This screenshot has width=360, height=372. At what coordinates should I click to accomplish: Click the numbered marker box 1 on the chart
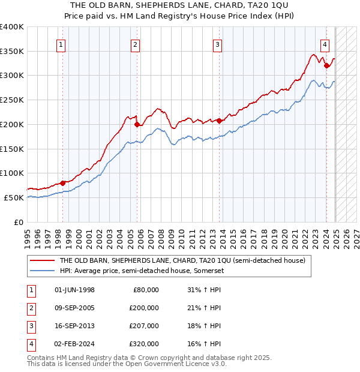(x=62, y=44)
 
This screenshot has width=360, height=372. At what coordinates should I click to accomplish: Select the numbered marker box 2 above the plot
(x=136, y=44)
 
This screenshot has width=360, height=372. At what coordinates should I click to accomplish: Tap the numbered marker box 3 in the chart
(x=217, y=44)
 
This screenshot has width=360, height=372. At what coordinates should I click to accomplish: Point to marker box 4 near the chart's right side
(x=324, y=44)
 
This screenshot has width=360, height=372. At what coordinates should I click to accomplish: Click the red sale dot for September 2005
(x=137, y=124)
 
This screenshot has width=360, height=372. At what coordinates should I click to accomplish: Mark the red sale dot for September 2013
(x=220, y=121)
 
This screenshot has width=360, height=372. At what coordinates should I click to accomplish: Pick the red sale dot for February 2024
(x=326, y=65)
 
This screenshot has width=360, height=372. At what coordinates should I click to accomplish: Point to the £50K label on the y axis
(x=14, y=197)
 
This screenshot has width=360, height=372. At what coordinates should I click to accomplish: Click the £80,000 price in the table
(x=146, y=290)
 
